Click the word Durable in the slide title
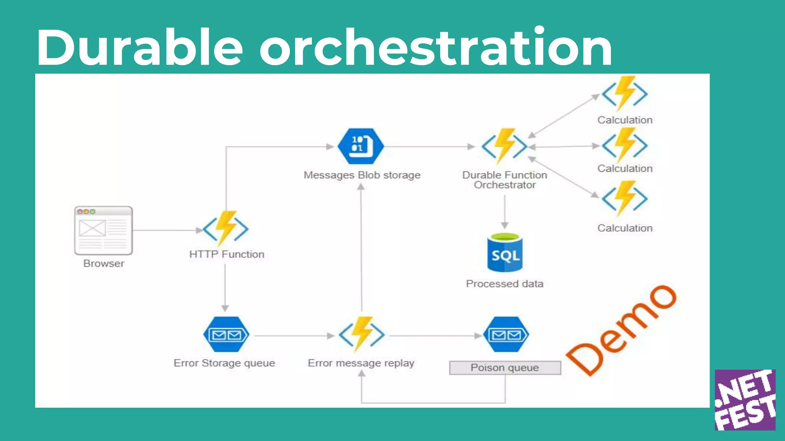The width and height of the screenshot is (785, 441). click(140, 48)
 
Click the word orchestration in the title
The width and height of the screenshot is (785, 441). click(436, 48)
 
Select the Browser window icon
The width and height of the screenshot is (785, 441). click(103, 230)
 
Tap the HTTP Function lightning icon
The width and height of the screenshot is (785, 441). click(226, 229)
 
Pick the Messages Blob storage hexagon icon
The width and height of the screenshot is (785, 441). click(361, 146)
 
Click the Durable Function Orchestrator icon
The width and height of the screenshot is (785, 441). click(504, 146)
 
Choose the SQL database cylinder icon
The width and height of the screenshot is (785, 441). click(505, 253)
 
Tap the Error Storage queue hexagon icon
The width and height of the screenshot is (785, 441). click(226, 335)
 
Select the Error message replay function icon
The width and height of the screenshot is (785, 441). click(361, 335)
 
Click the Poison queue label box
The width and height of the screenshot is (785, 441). click(505, 368)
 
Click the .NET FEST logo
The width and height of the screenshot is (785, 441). click(745, 400)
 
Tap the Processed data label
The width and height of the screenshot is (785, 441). click(504, 284)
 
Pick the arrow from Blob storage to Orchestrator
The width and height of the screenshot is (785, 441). click(429, 147)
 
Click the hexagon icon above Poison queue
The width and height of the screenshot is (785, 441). click(506, 335)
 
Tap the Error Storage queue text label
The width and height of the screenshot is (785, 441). click(224, 363)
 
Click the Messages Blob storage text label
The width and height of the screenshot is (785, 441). click(362, 175)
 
